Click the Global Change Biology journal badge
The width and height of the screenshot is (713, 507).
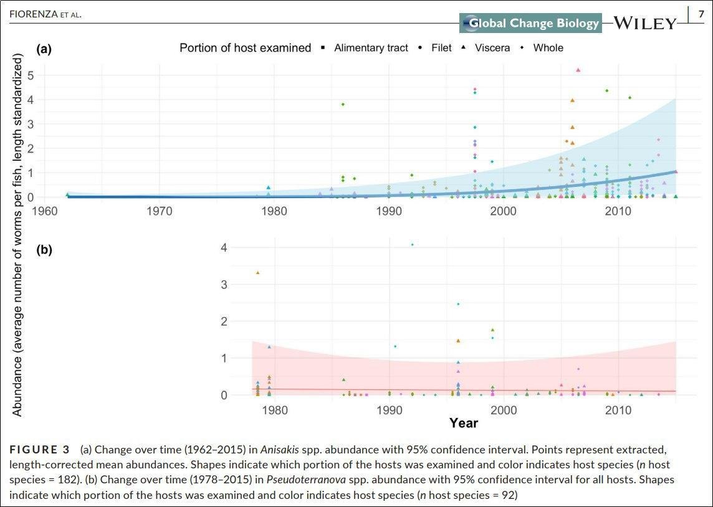531,24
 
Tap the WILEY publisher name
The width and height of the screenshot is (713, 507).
644,24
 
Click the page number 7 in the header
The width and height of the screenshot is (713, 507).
701,13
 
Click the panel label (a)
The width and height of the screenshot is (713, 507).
44,48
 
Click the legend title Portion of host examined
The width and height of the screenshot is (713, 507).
245,48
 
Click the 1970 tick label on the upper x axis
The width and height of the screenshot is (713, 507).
159,211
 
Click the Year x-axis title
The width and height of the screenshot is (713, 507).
464,424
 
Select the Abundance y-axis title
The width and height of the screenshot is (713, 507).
17,234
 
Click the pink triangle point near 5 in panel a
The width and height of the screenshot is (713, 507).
578,70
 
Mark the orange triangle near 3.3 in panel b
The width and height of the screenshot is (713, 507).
257,273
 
